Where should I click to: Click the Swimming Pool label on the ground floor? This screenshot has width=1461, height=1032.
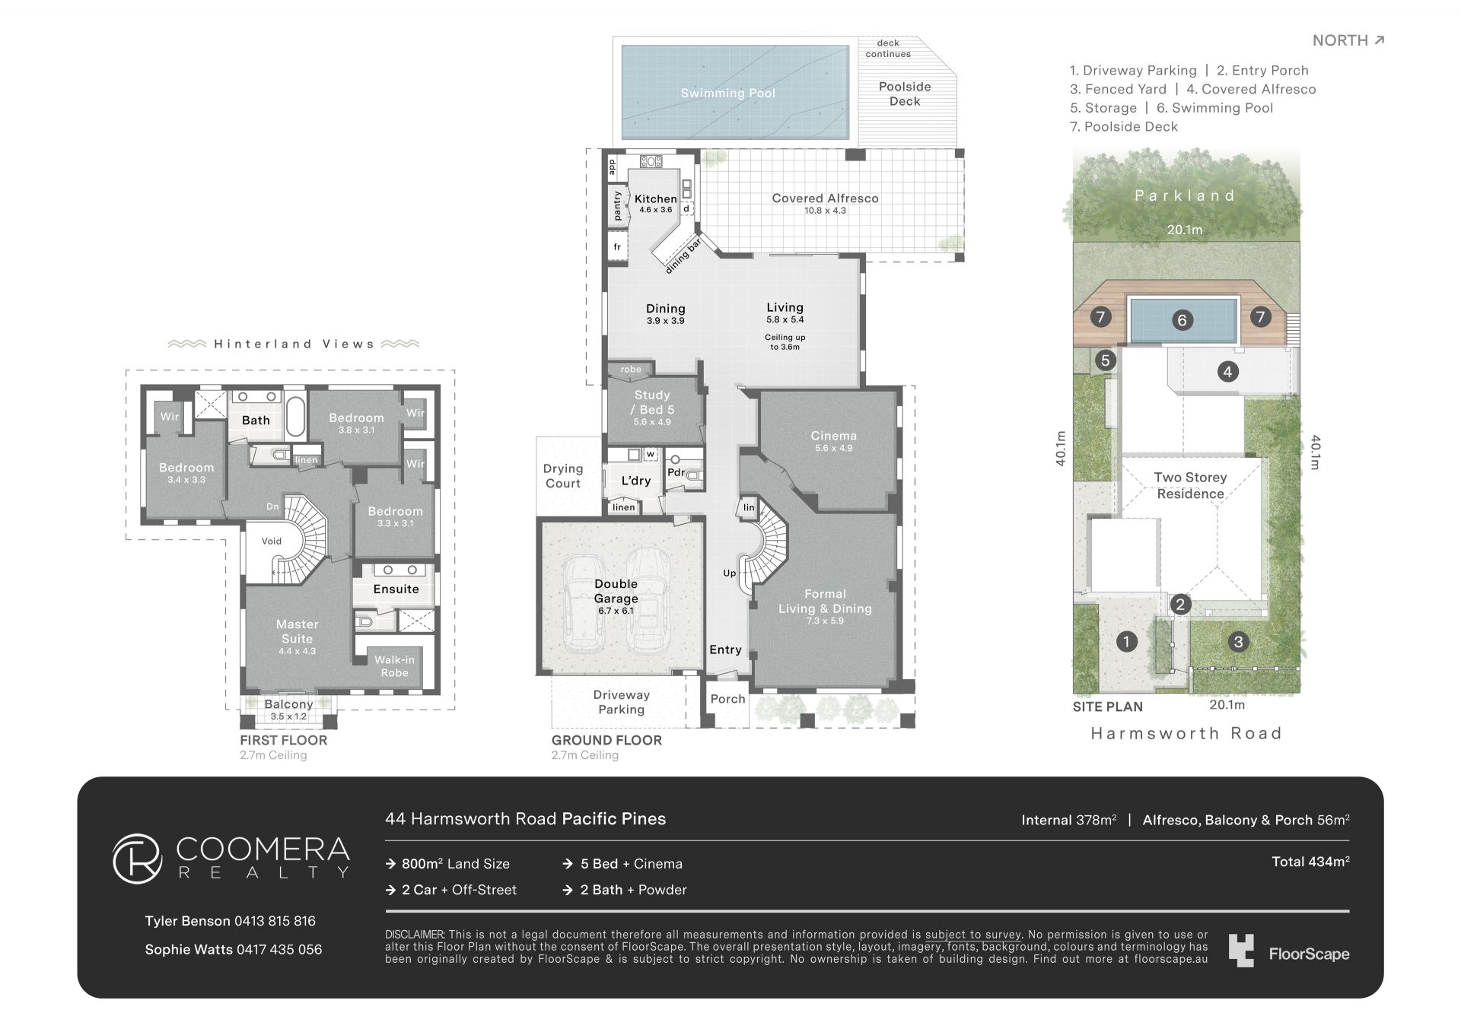pyautogui.click(x=727, y=94)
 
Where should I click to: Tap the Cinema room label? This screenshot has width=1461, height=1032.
pyautogui.click(x=833, y=436)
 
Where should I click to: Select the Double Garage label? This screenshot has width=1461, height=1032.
pyautogui.click(x=616, y=591)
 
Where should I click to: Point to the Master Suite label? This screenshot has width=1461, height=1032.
pyautogui.click(x=297, y=631)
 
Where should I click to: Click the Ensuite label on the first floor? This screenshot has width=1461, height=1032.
pyautogui.click(x=396, y=589)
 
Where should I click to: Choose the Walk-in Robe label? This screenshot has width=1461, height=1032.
pyautogui.click(x=394, y=666)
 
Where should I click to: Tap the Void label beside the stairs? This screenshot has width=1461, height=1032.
pyautogui.click(x=272, y=541)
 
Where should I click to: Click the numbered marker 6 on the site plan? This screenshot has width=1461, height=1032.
pyautogui.click(x=1182, y=320)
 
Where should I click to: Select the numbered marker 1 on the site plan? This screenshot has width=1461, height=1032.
pyautogui.click(x=1126, y=642)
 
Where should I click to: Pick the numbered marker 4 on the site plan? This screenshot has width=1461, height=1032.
pyautogui.click(x=1227, y=372)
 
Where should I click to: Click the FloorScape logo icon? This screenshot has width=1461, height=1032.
pyautogui.click(x=1241, y=951)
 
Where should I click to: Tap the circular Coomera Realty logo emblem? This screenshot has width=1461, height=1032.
pyautogui.click(x=138, y=859)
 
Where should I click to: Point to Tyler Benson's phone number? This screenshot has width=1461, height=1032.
pyautogui.click(x=275, y=921)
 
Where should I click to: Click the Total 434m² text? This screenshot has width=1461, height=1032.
pyautogui.click(x=1310, y=862)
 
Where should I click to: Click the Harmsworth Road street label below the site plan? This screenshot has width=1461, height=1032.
pyautogui.click(x=1186, y=733)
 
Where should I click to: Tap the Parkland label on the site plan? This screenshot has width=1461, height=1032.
pyautogui.click(x=1185, y=195)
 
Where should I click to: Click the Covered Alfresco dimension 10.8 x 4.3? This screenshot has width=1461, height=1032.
pyautogui.click(x=825, y=211)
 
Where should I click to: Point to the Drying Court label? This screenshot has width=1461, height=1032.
pyautogui.click(x=563, y=476)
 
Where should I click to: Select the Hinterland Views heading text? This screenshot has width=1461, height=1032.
pyautogui.click(x=294, y=344)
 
